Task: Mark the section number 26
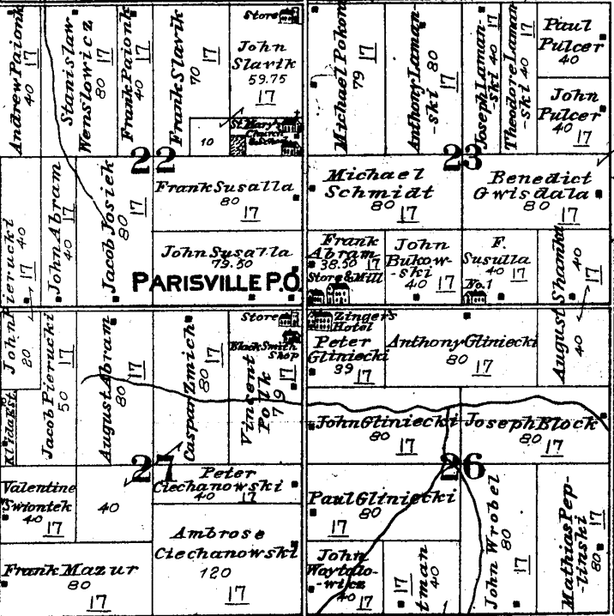(x=461, y=468)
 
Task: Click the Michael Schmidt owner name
(x=379, y=184)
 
